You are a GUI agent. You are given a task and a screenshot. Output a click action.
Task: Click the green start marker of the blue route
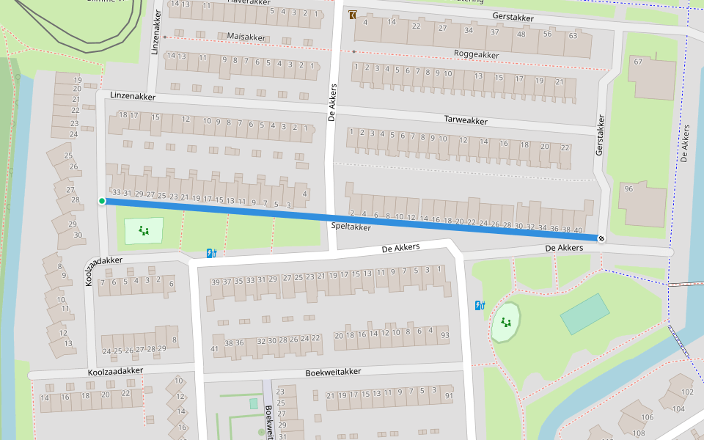pyautogui.click(x=102, y=201)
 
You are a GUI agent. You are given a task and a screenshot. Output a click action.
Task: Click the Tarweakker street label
pyautogui.click(x=466, y=120)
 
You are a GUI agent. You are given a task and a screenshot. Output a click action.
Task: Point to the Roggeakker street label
pyautogui.click(x=477, y=54)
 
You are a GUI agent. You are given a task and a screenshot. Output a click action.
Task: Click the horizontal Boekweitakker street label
pyautogui.click(x=333, y=373)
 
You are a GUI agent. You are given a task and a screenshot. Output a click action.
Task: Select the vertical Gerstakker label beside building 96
pyautogui.click(x=601, y=134)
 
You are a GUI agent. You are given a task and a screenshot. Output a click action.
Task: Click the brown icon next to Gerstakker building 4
pyautogui.click(x=353, y=15)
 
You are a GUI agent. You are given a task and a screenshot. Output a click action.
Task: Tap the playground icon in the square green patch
pyautogui.click(x=144, y=231)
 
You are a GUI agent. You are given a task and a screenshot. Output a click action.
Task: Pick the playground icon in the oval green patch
pyautogui.click(x=505, y=322)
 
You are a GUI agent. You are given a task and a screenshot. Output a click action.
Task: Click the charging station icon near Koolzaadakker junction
pyautogui.click(x=212, y=254)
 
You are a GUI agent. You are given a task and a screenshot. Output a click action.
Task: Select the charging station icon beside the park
pyautogui.click(x=480, y=305)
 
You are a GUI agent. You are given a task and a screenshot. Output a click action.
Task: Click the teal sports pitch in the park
pyautogui.click(x=584, y=313)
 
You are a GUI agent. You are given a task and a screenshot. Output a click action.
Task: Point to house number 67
pyautogui.click(x=637, y=62)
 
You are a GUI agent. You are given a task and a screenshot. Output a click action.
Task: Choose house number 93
pyautogui.click(x=444, y=335)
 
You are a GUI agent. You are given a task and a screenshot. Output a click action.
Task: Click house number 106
pyautogui.click(x=647, y=417)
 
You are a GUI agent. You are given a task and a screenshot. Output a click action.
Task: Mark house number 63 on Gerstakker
pyautogui.click(x=573, y=35)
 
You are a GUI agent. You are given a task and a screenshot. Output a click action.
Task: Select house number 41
pyautogui.click(x=215, y=348)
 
